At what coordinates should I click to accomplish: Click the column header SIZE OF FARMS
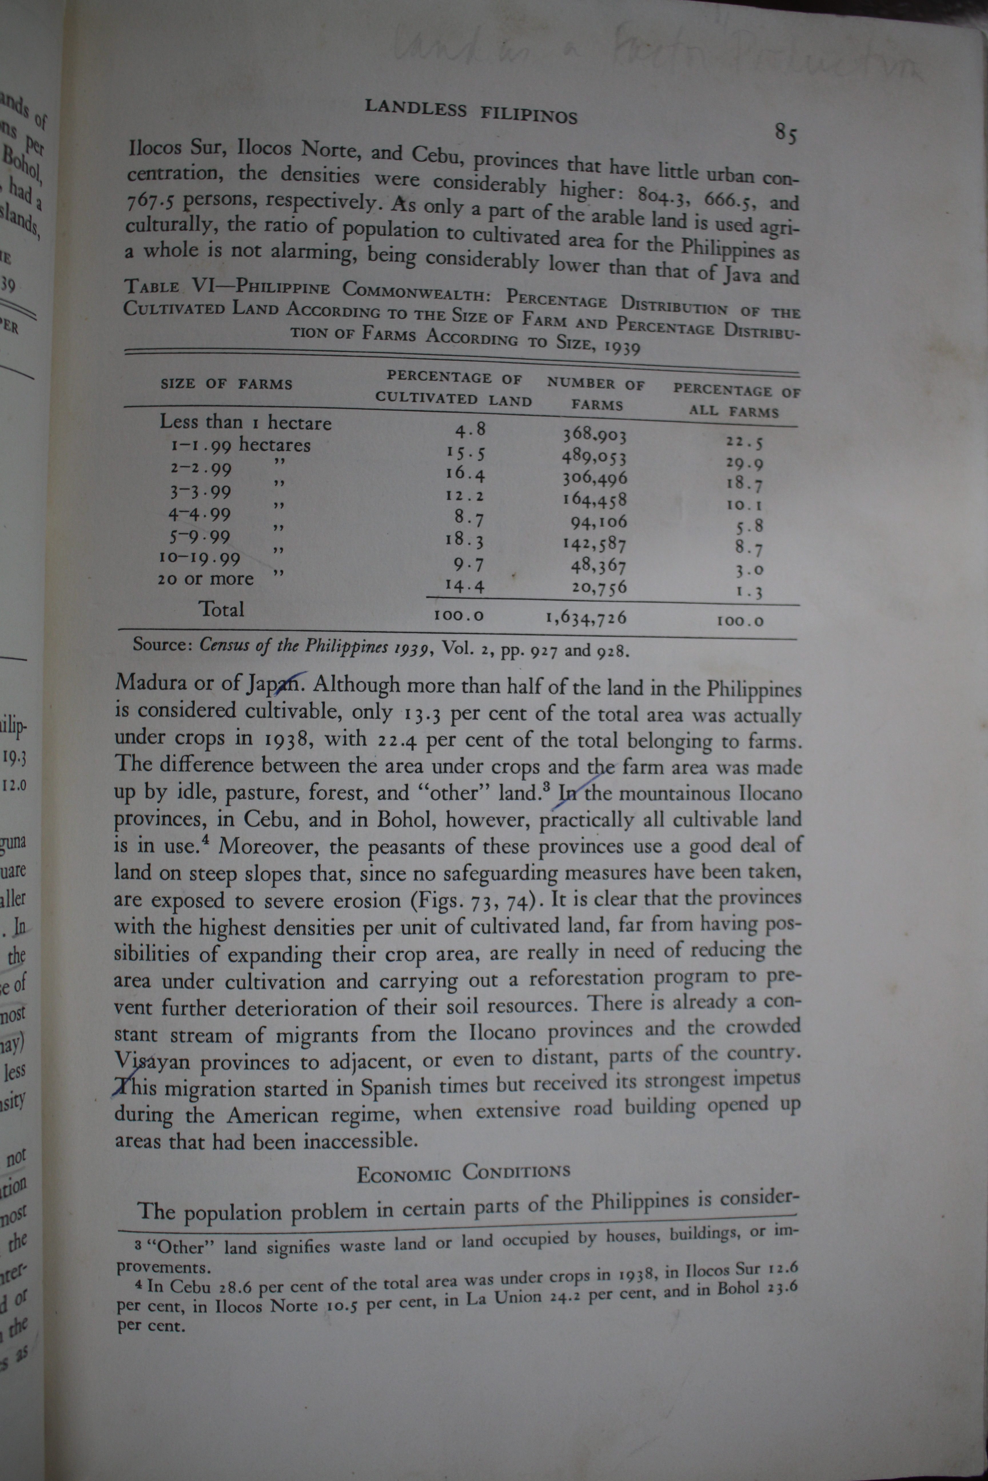[x=226, y=383]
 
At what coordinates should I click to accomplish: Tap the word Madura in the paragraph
[x=151, y=683]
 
